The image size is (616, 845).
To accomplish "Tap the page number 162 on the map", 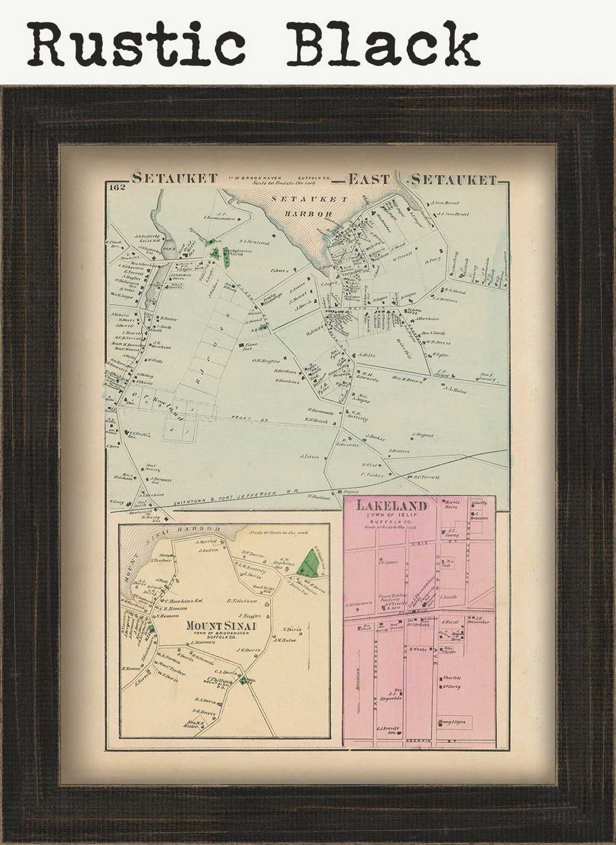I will point(116,188).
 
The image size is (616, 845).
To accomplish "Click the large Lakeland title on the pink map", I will point(392,507).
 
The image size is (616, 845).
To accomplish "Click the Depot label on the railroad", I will point(351,492).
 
